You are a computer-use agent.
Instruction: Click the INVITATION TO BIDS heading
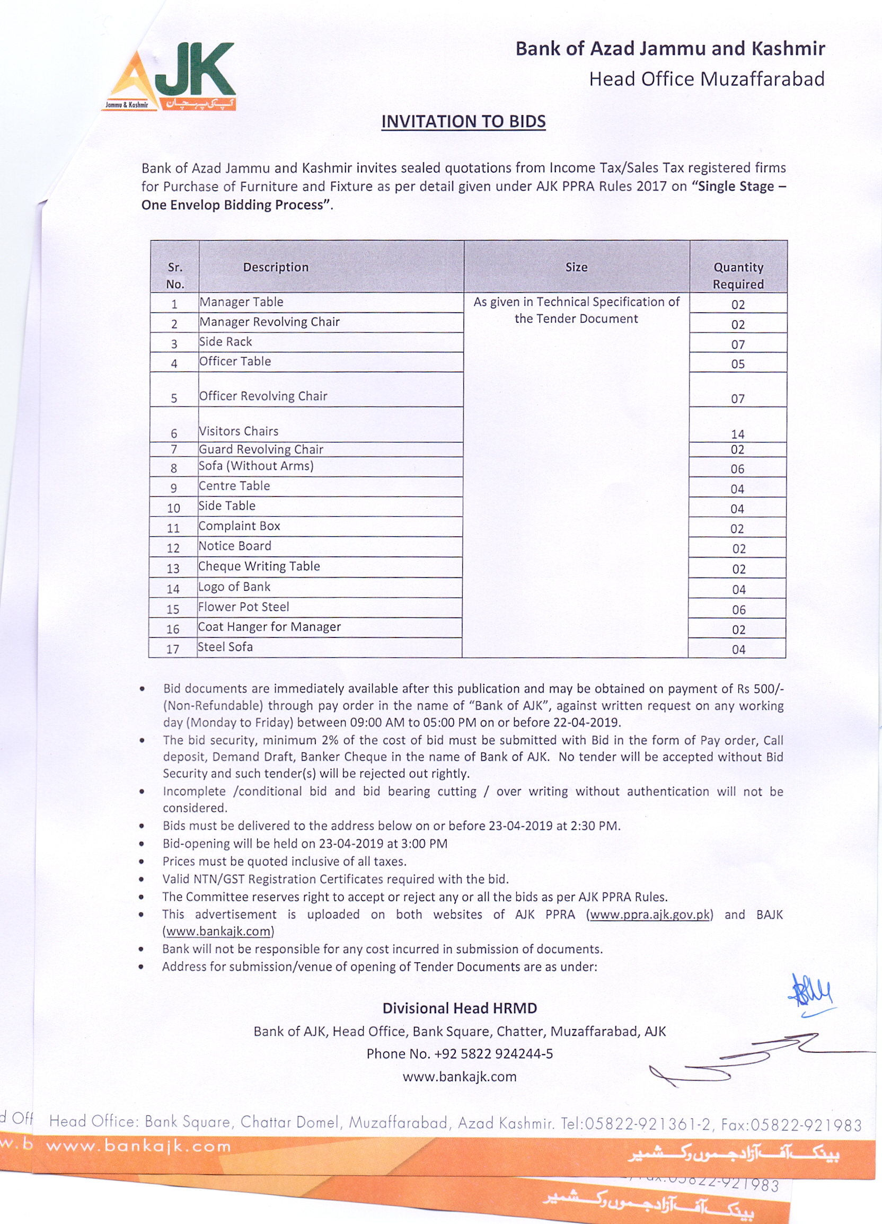pos(463,122)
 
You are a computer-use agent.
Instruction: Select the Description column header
pos(276,267)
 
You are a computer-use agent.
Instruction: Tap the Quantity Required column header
pos(738,275)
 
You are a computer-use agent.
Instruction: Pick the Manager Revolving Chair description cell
pos(269,322)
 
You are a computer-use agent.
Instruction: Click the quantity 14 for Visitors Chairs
pos(737,434)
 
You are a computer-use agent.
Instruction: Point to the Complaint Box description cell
pos(239,526)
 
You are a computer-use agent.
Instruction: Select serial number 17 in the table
pos(173,649)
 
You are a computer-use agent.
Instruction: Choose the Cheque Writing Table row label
pos(259,566)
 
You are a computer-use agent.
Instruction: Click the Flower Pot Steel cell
pos(243,607)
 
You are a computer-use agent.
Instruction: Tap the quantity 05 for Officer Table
pos(738,365)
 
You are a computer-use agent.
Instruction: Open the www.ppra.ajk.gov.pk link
pos(649,914)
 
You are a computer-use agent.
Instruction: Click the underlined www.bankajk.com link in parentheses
pos(218,931)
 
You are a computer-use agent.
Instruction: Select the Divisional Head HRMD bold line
pos(460,1008)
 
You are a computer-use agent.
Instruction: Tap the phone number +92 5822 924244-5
pos(493,1053)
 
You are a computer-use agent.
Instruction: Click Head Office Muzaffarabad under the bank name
pos(707,79)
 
